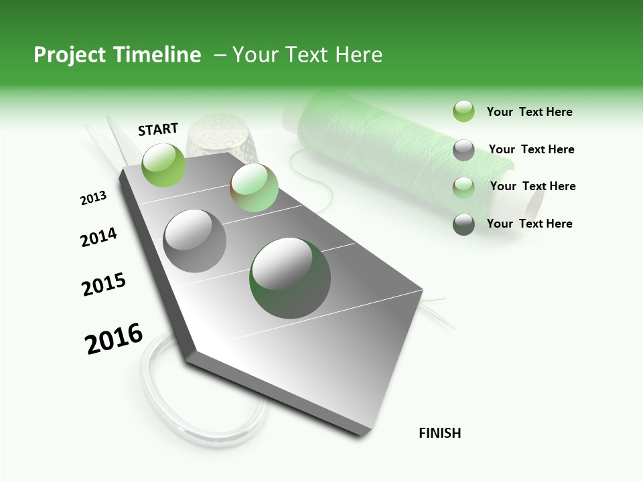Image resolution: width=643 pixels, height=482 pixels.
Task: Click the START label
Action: (x=158, y=129)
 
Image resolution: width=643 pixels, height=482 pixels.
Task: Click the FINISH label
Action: (x=440, y=433)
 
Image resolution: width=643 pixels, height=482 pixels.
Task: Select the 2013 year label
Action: (x=93, y=198)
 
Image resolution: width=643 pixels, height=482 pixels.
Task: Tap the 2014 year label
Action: (x=98, y=238)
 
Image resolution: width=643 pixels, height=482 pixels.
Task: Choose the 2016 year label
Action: (x=114, y=338)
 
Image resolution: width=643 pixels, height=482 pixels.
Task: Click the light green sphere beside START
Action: (x=164, y=165)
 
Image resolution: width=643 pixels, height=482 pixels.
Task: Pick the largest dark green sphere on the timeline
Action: (x=290, y=277)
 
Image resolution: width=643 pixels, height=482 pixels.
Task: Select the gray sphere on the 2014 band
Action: (x=194, y=240)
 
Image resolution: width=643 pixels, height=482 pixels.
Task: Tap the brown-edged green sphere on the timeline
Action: (x=254, y=188)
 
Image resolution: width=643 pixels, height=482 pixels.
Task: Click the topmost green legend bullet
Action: (x=463, y=112)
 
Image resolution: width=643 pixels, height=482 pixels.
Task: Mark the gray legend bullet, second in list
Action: (x=463, y=150)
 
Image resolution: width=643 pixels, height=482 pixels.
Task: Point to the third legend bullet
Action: (x=463, y=187)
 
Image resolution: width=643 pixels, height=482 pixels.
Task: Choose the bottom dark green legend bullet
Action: (x=463, y=224)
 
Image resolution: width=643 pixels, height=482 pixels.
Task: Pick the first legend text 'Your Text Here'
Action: (x=530, y=112)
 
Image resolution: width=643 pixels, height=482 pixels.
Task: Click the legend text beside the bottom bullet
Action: (x=530, y=224)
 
